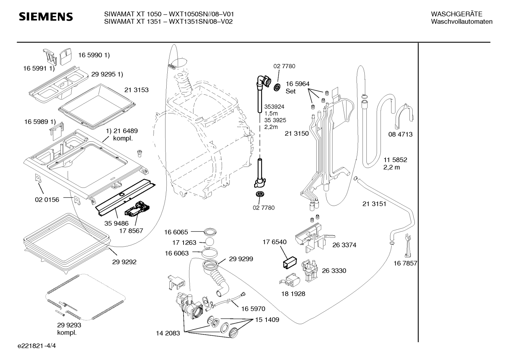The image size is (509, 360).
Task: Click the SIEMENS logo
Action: click(46, 17)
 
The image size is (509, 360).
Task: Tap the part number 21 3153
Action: click(136, 90)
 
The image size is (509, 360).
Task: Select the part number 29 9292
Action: click(124, 262)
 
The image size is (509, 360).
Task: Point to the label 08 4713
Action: click(400, 134)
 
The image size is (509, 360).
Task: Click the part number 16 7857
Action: click(405, 263)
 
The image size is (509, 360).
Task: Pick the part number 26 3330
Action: click(334, 271)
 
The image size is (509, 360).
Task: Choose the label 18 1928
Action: click(293, 294)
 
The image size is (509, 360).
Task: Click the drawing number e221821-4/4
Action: click(37, 346)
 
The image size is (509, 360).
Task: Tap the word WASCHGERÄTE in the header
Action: click(457, 14)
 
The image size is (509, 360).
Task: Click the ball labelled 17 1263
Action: click(210, 242)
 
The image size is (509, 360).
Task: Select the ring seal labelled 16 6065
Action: click(210, 232)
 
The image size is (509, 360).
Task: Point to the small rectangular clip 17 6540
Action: click(290, 262)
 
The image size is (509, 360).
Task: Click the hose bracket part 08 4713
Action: click(405, 116)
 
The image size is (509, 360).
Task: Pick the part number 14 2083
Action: click(168, 333)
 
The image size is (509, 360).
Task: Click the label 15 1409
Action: click(267, 320)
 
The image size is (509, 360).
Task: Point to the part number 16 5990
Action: click(90, 55)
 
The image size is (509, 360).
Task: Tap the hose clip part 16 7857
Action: click(408, 246)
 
